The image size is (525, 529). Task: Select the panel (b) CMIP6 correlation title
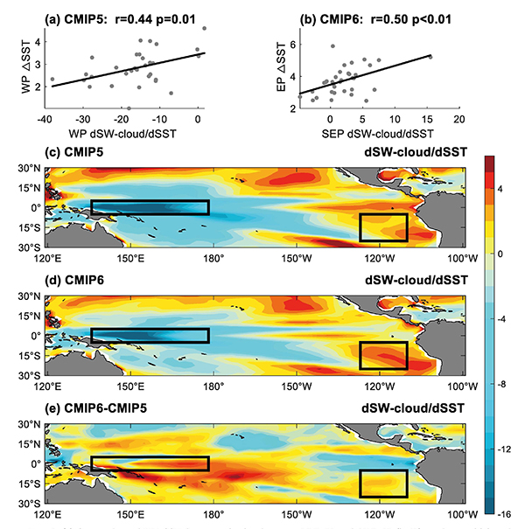point(370,13)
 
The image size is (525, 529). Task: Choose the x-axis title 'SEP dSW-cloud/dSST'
point(376,134)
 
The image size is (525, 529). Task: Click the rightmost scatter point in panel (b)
point(430,57)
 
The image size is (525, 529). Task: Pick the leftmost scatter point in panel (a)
point(52,80)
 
